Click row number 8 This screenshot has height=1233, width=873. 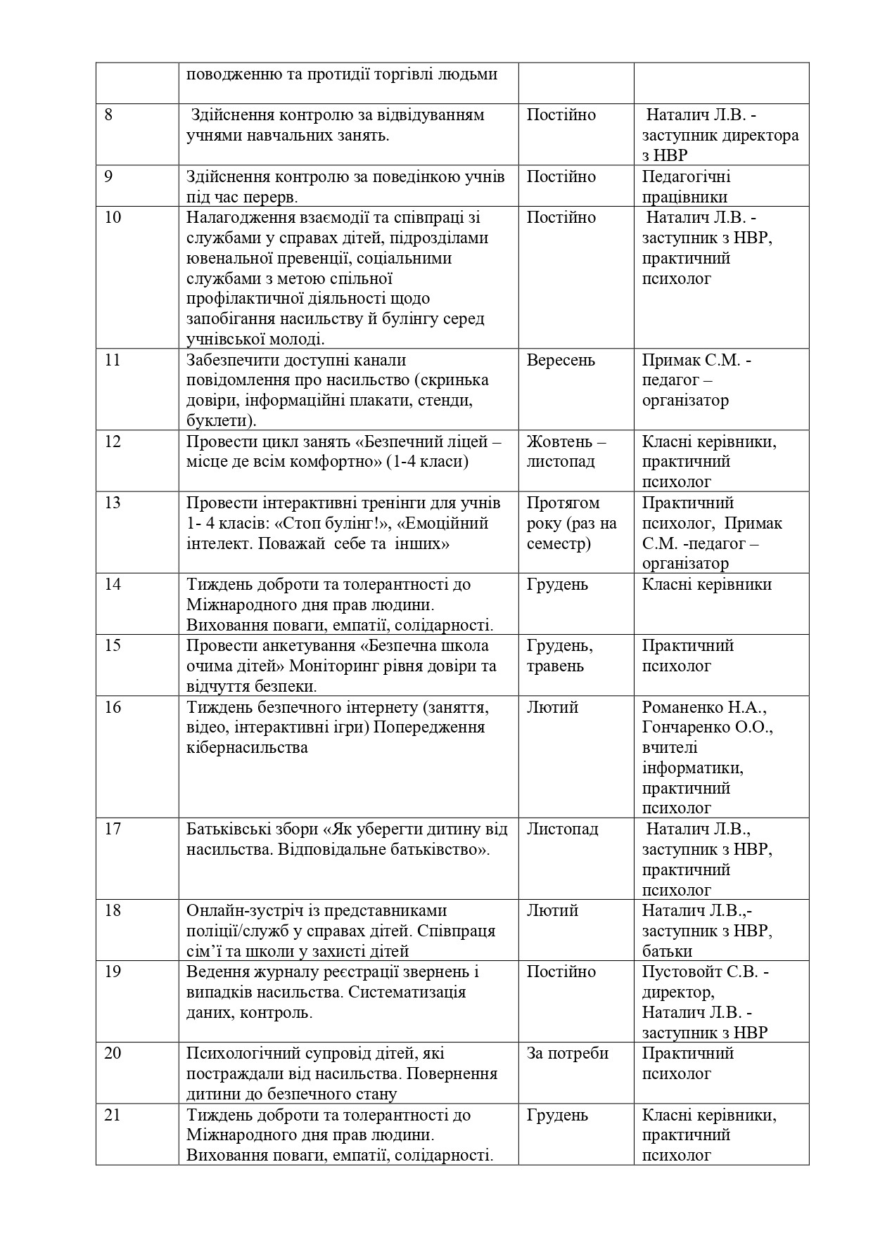tap(108, 115)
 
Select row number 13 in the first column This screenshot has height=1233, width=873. tap(112, 503)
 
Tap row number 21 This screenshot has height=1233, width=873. tap(112, 1115)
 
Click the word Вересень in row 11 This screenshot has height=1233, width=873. tap(561, 361)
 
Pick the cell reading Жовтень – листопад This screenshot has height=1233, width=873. tap(566, 452)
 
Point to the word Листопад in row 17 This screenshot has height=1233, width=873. tap(562, 829)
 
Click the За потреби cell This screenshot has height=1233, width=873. tap(567, 1054)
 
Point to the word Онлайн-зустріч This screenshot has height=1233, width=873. tap(241, 911)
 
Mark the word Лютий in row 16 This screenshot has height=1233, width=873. tap(552, 707)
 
